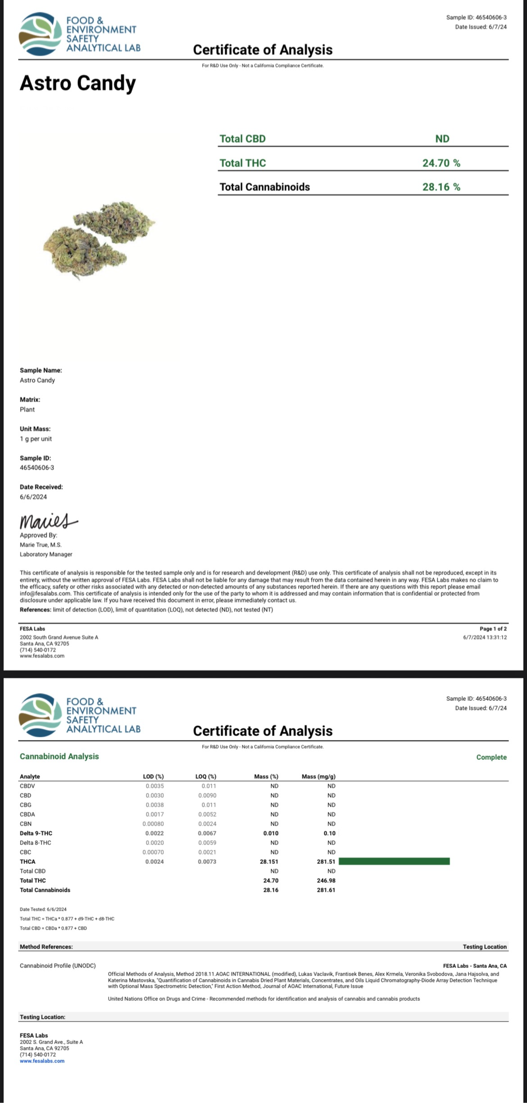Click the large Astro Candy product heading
pyautogui.click(x=77, y=84)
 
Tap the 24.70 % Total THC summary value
pyautogui.click(x=441, y=163)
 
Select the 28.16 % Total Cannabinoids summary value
pyautogui.click(x=441, y=187)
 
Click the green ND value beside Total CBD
pyautogui.click(x=442, y=139)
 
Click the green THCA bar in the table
pyautogui.click(x=394, y=862)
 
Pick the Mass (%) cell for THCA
pyautogui.click(x=270, y=862)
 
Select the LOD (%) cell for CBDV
pyautogui.click(x=154, y=786)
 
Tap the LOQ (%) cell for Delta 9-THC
pyautogui.click(x=207, y=833)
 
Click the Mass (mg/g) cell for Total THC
pyautogui.click(x=326, y=881)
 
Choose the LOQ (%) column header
pyautogui.click(x=206, y=776)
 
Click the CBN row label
pyautogui.click(x=26, y=824)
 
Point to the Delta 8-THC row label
pyautogui.click(x=36, y=843)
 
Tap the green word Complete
pyautogui.click(x=491, y=757)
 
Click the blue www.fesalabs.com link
pyautogui.click(x=42, y=1061)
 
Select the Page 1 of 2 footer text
pyautogui.click(x=493, y=629)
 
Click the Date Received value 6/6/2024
pyautogui.click(x=33, y=497)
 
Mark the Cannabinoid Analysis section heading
pyautogui.click(x=59, y=756)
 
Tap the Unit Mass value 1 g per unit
pyautogui.click(x=36, y=439)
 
